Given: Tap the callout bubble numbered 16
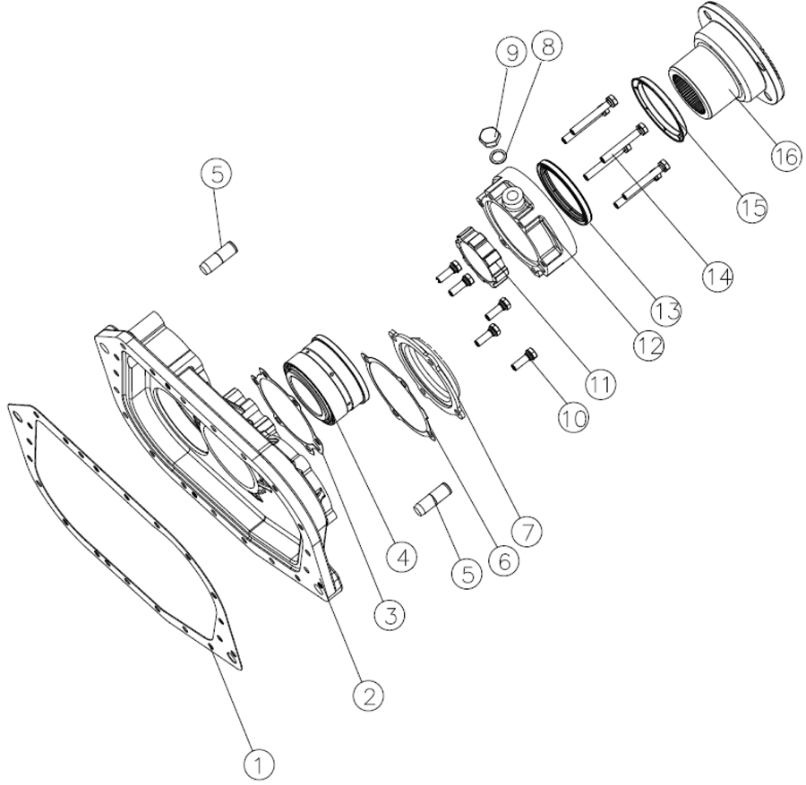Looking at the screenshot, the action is [x=786, y=156].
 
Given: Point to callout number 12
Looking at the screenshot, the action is [x=648, y=347].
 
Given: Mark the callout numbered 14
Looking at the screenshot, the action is [x=718, y=277].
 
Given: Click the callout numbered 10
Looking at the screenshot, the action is [x=573, y=419].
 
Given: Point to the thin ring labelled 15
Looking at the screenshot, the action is [x=659, y=110].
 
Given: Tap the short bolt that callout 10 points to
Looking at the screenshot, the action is [x=524, y=358].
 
